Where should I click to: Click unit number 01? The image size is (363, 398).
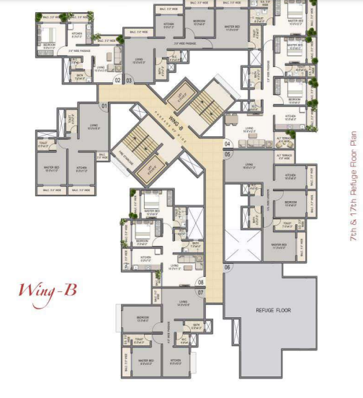(x=104, y=106)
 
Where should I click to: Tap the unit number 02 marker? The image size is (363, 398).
(x=118, y=80)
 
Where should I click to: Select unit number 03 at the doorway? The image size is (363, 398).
(x=130, y=80)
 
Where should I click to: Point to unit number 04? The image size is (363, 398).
(x=227, y=143)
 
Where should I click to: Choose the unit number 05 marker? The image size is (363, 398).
(x=227, y=154)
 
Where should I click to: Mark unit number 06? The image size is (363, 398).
(x=228, y=267)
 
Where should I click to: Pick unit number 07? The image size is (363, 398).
(x=201, y=293)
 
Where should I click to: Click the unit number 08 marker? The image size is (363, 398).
(x=201, y=282)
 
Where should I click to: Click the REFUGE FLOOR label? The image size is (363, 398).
(x=272, y=310)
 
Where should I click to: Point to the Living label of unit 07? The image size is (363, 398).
(x=183, y=304)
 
